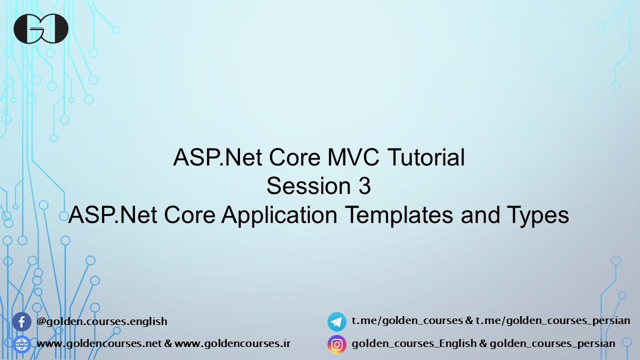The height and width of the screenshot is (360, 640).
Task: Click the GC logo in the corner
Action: [x=41, y=28]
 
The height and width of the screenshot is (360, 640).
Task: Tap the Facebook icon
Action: [x=21, y=321]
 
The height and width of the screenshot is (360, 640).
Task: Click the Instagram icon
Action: [x=337, y=344]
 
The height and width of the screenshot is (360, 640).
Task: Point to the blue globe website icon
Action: [x=21, y=344]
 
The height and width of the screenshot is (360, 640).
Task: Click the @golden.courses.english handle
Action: [x=102, y=321]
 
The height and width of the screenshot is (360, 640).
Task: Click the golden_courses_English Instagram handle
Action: [x=414, y=344]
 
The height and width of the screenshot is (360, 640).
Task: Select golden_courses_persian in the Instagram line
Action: [x=552, y=344]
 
